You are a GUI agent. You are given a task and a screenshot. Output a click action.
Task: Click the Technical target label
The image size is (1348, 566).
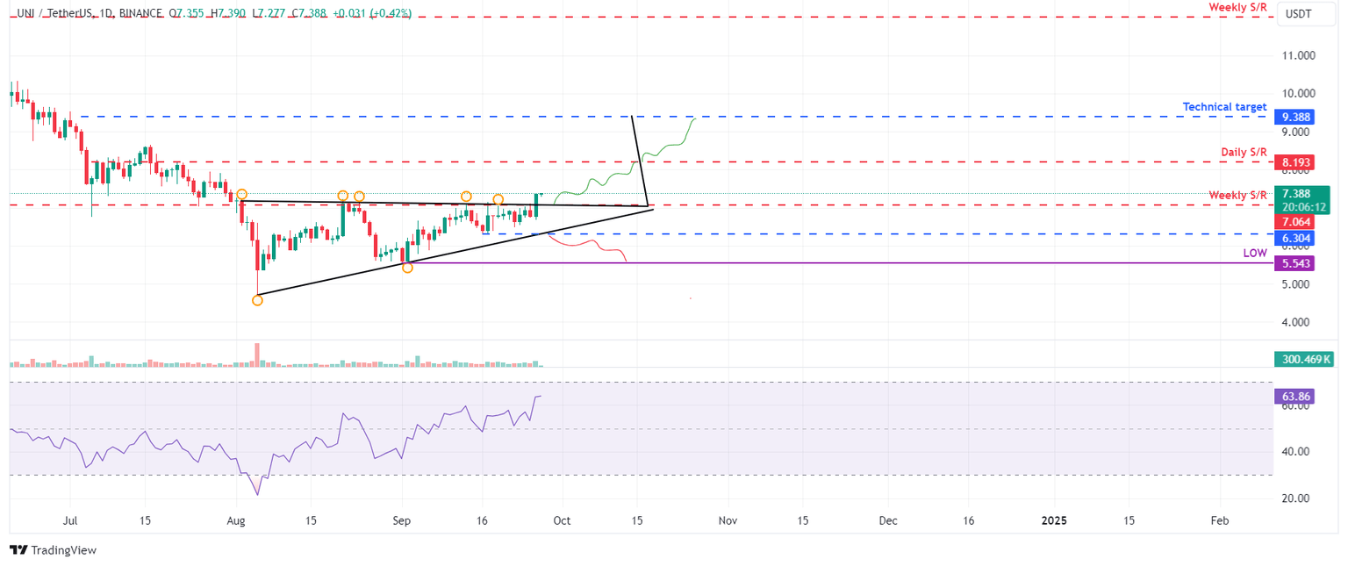pyautogui.click(x=1224, y=107)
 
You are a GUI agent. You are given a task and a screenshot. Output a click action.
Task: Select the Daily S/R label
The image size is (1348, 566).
pyautogui.click(x=1244, y=153)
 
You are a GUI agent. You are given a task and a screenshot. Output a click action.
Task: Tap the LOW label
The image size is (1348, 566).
pyautogui.click(x=1255, y=253)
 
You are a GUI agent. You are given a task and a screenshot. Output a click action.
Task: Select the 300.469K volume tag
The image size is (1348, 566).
pyautogui.click(x=1302, y=359)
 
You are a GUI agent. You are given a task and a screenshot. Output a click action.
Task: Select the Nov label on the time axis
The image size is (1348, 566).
pyautogui.click(x=728, y=520)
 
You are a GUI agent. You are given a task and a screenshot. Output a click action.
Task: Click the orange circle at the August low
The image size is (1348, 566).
pyautogui.click(x=257, y=300)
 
